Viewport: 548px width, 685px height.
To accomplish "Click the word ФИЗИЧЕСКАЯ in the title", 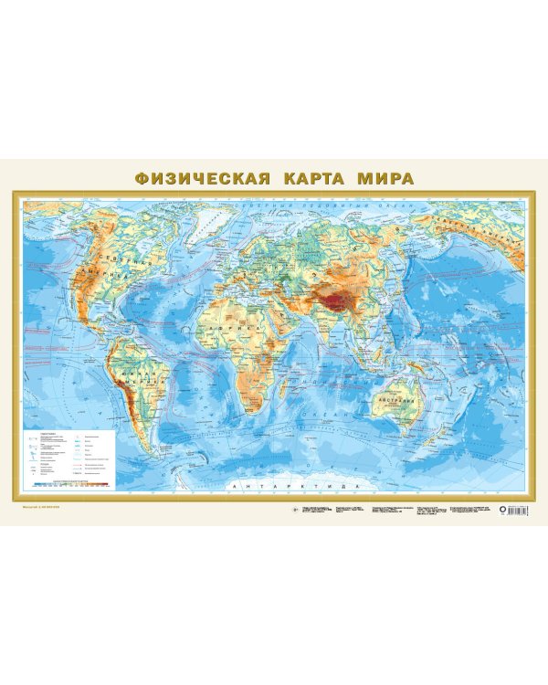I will pos(202,177).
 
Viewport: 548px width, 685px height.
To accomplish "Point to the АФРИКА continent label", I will pos(223,326).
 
